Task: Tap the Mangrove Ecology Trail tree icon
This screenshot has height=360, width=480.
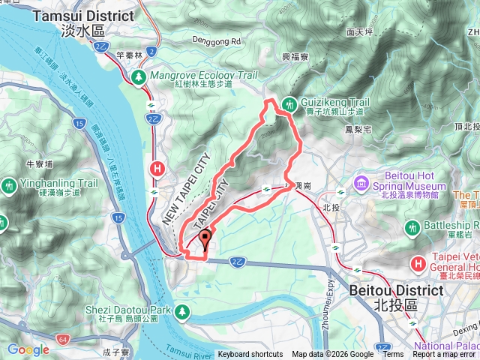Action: pyautogui.click(x=139, y=76)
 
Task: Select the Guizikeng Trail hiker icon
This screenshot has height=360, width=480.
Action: pyautogui.click(x=289, y=105)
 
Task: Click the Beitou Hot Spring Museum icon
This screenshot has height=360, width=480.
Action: pyautogui.click(x=362, y=181)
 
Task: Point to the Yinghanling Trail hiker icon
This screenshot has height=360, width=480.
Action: pyautogui.click(x=8, y=183)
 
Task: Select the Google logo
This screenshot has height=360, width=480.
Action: pyautogui.click(x=28, y=349)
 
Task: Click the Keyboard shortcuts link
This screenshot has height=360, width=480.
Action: pyautogui.click(x=250, y=355)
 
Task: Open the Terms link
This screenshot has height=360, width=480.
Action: pyautogui.click(x=392, y=355)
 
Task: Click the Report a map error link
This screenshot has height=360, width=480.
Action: pyautogui.click(x=445, y=355)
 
